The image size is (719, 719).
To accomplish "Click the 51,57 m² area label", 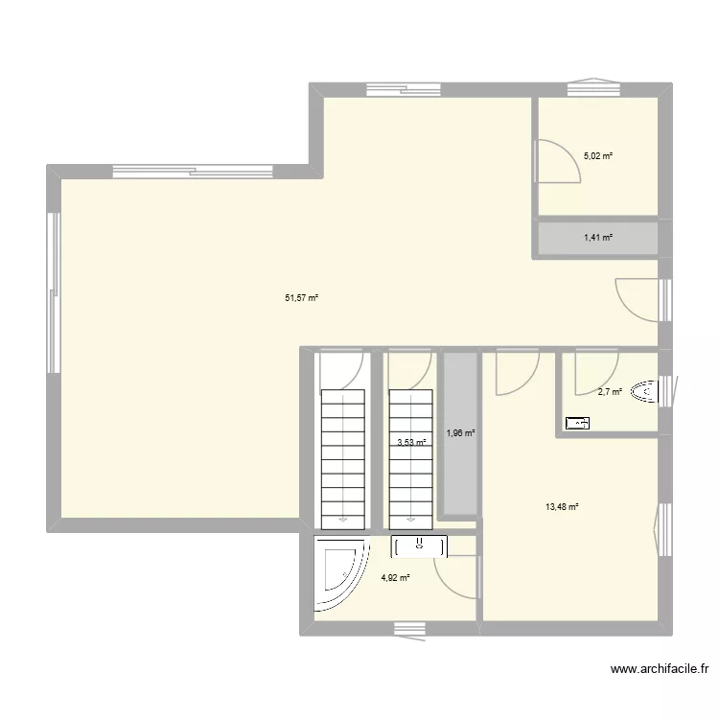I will tap(301, 298).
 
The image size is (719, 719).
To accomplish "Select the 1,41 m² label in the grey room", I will tap(598, 238).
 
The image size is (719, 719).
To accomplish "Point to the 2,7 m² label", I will tap(610, 391).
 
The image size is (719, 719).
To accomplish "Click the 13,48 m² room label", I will tap(562, 508).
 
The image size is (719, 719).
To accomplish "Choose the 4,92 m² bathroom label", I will tap(395, 577).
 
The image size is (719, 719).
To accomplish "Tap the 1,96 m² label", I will tap(460, 433).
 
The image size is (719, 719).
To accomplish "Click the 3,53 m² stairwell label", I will tap(412, 442).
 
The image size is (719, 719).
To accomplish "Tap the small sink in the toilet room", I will tap(578, 422).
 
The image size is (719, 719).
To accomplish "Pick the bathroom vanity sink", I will tap(419, 546).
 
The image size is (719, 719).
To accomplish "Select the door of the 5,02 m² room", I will tap(556, 161).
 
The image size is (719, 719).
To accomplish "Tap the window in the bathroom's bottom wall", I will tap(409, 628).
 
